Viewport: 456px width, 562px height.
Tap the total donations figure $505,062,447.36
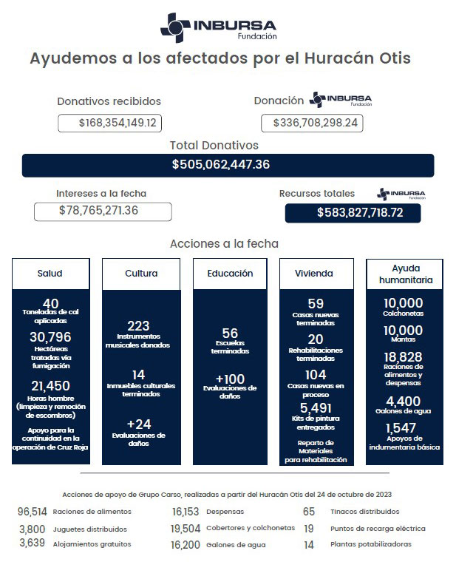(220, 165)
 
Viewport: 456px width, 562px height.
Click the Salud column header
(50, 274)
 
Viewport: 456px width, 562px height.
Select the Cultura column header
(140, 274)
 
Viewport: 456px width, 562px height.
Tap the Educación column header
(230, 274)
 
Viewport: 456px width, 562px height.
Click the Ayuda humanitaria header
(404, 274)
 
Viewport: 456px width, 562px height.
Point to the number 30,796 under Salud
(50, 337)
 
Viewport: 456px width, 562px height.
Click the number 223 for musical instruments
(138, 325)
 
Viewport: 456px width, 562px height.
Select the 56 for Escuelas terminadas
(230, 334)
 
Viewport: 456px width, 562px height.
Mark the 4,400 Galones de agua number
(404, 401)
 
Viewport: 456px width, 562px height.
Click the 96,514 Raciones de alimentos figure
(33, 511)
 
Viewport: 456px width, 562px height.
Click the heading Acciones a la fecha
(224, 243)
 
